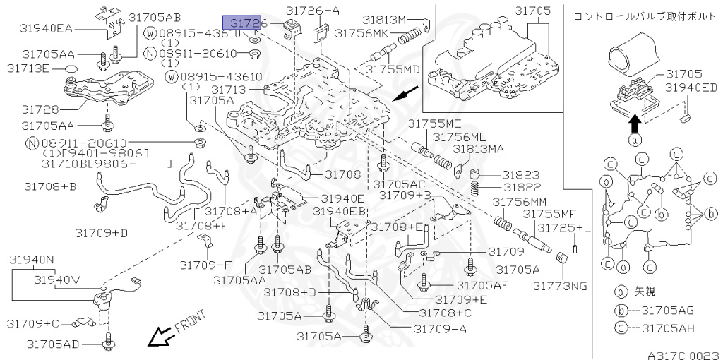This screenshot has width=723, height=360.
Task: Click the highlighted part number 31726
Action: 244,24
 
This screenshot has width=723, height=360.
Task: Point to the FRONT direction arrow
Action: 160,337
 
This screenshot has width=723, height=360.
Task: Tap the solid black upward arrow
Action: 635,124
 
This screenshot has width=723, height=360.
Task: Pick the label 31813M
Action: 385,18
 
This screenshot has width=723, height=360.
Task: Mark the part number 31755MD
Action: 392,69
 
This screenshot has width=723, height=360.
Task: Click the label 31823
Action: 521,174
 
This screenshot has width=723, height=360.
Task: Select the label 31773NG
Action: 561,286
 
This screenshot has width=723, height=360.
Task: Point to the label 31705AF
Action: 483,285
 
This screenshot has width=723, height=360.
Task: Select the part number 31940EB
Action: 340,211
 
